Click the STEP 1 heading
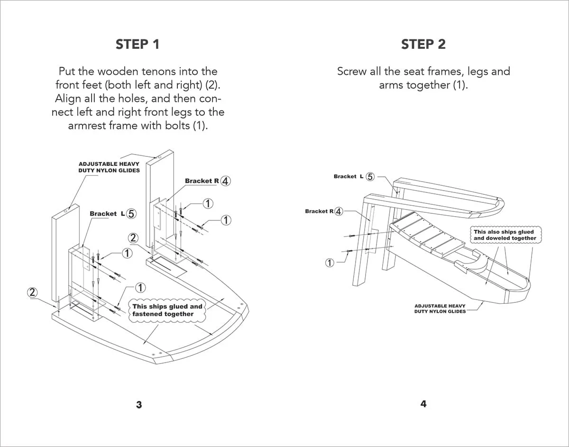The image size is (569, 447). tap(138, 44)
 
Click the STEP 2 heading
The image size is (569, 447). tap(423, 44)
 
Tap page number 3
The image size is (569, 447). tap(139, 405)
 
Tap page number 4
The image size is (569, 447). tap(423, 404)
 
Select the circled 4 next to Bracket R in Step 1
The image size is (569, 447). tap(225, 181)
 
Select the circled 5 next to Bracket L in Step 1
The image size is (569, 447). tap(131, 214)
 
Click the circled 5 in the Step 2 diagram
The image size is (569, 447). tap(370, 177)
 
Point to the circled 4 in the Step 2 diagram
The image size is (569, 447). tap(339, 211)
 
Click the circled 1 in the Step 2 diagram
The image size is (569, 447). tap(330, 263)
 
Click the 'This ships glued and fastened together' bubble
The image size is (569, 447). tap(167, 310)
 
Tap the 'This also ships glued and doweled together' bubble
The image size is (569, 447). tap(505, 235)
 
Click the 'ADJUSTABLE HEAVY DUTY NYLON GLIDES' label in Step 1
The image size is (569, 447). tap(109, 167)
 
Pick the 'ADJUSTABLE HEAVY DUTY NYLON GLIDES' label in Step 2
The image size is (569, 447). tap(440, 309)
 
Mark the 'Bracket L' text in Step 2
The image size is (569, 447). tap(348, 176)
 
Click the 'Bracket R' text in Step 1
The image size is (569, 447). tap(202, 181)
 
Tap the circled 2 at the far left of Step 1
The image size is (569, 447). tap(32, 292)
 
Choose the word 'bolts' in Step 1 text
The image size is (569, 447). tap(177, 126)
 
